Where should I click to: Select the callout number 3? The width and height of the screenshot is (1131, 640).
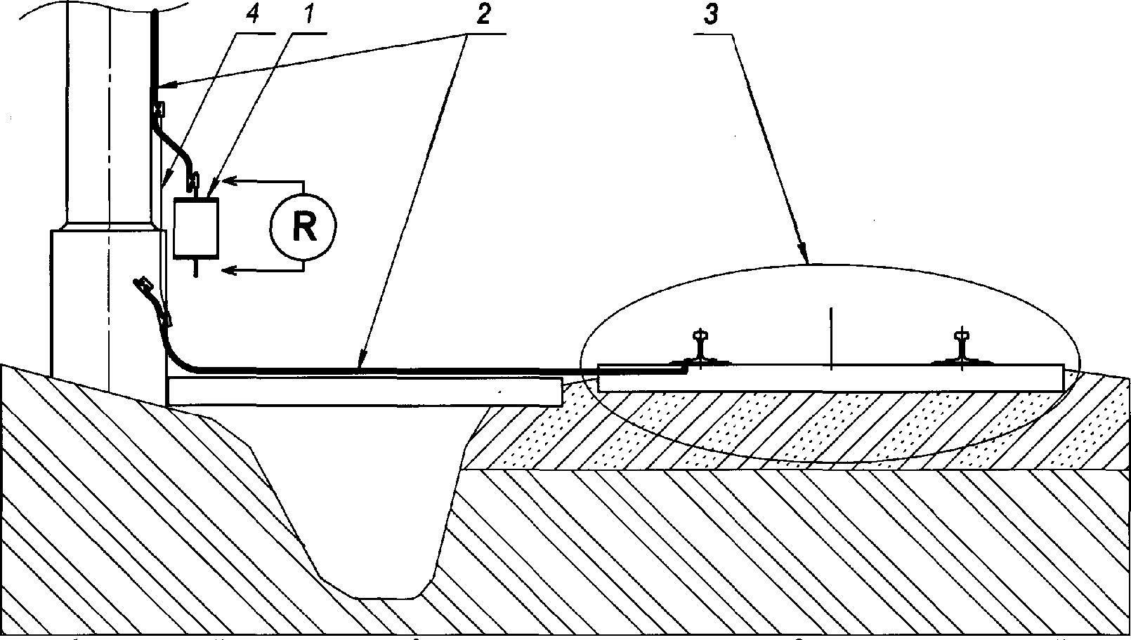point(712,18)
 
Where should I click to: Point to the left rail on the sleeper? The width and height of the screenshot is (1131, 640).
point(700,348)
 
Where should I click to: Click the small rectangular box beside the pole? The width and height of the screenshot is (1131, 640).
point(195,226)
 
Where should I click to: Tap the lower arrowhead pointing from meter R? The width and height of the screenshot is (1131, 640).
point(229,269)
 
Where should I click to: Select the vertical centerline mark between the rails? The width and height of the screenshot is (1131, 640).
point(831,337)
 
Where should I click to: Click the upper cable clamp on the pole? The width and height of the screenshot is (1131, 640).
point(159,109)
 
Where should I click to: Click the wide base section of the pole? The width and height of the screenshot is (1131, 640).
point(105,302)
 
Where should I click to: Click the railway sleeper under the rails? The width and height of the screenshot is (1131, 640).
point(829,378)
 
